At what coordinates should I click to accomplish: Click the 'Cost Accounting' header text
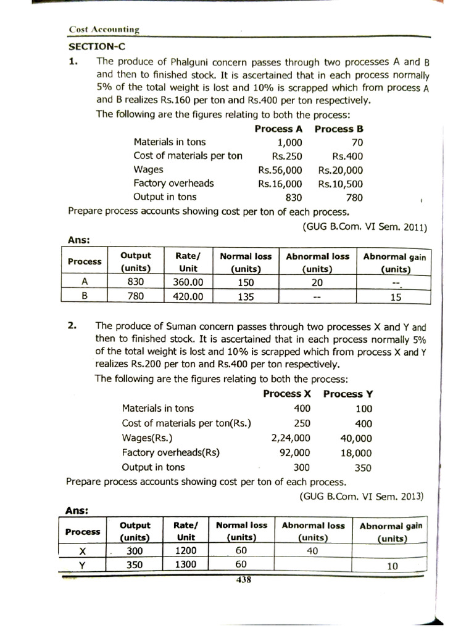(104, 29)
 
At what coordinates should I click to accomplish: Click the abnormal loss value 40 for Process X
(312, 551)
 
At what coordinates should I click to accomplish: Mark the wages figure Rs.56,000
(280, 170)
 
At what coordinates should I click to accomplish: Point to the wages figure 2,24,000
(291, 439)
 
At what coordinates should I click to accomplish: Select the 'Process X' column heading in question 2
(287, 394)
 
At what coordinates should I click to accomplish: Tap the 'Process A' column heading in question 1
(278, 129)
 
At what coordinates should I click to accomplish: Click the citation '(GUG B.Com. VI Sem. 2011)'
(365, 226)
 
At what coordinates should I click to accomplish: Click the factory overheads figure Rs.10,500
(341, 184)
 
